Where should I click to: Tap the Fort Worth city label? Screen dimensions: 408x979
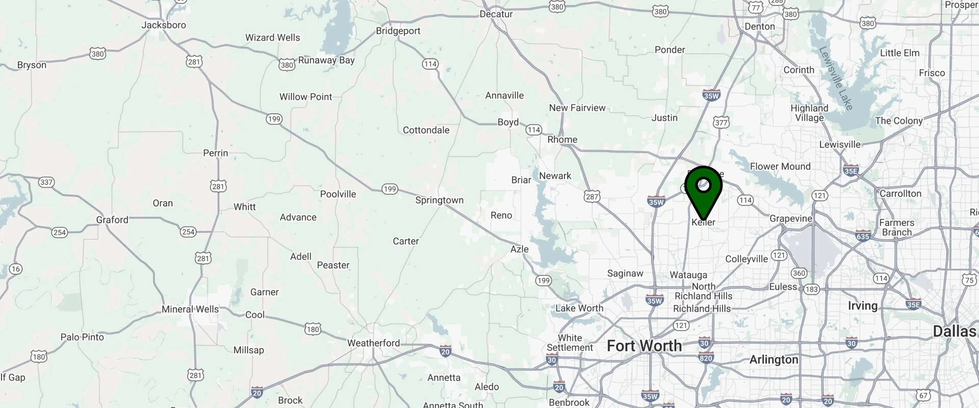tap(644, 346)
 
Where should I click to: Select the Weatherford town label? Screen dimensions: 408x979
tap(373, 343)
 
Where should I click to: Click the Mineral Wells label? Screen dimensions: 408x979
tap(190, 309)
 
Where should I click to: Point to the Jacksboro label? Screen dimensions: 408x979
tap(164, 25)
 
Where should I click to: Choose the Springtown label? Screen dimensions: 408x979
tap(439, 200)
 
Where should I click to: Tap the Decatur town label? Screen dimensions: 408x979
tap(496, 14)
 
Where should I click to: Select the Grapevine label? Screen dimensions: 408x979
tap(790, 218)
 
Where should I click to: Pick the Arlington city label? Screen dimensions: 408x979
tap(774, 360)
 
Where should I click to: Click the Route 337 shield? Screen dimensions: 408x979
tap(46, 182)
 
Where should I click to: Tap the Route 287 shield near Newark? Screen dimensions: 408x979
tap(592, 196)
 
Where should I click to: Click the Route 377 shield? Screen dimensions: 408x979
tap(721, 122)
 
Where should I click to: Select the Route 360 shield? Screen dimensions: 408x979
tap(799, 273)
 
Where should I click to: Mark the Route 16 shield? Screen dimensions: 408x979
tap(16, 269)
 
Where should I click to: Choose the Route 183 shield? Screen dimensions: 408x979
tap(811, 289)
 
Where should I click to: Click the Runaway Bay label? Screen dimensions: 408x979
tap(326, 60)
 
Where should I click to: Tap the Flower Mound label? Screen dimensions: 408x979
tap(780, 166)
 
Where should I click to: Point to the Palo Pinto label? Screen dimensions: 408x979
tap(82, 337)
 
